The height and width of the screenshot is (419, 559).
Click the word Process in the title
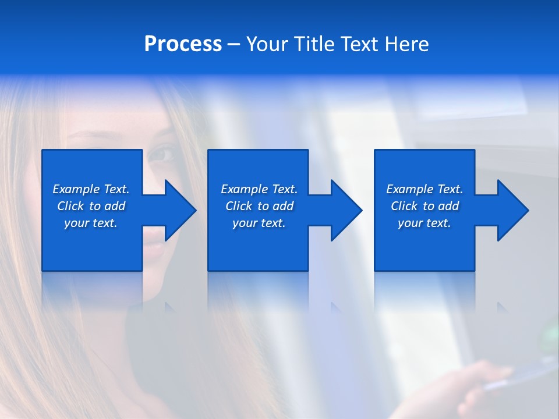point(183,44)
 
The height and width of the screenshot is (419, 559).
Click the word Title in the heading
point(313,44)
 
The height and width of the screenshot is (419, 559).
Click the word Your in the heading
point(267,44)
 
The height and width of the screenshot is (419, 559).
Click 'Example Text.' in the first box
point(91,189)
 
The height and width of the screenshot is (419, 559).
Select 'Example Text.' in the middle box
point(259,189)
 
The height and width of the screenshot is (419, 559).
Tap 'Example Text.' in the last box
point(424,189)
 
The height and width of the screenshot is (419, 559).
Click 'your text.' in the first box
point(91,223)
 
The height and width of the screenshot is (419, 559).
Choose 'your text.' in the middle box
point(259,223)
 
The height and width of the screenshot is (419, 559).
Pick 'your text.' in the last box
point(424,223)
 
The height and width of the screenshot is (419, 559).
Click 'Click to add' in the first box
point(91,206)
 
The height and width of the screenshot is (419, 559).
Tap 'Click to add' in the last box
point(424,206)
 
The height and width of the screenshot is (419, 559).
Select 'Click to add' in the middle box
point(259,206)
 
